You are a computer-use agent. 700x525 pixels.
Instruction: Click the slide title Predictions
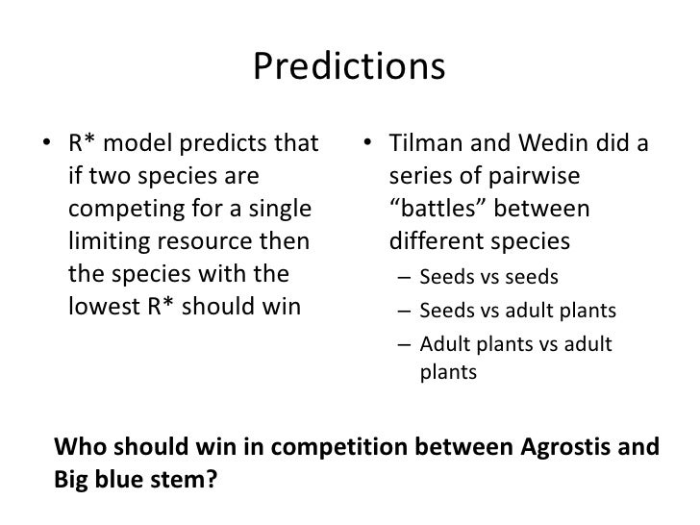click(x=350, y=66)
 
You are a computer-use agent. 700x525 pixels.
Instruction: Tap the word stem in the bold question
click(x=182, y=478)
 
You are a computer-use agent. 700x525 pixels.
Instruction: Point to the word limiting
click(x=104, y=240)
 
